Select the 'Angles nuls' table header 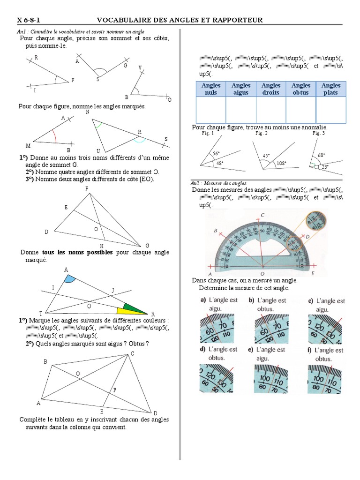coord(210,89)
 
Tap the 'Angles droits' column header coord(271,89)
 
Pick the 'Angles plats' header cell coord(331,89)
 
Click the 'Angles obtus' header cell coord(301,89)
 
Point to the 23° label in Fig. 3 coord(324,166)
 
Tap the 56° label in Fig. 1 coord(216,153)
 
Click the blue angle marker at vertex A coord(69,279)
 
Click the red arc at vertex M coord(55,136)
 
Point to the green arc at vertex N coord(98,125)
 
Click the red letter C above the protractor coord(263,215)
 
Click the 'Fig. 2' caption coord(262,133)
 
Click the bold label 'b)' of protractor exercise coord(252,300)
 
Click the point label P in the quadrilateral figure coord(114,390)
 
